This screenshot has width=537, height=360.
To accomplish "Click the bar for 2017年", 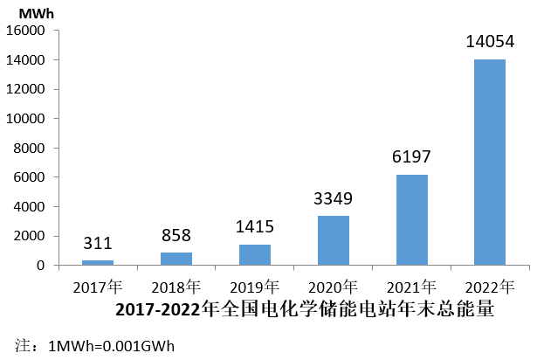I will click(x=97, y=262).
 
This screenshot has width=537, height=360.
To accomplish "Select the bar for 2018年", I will click(x=176, y=259).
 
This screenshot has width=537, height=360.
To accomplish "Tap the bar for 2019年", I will click(x=254, y=254).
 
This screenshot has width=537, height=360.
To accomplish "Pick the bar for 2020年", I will click(x=333, y=240).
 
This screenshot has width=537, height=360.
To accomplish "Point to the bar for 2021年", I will click(x=411, y=219).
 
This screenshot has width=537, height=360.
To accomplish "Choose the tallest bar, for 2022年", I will click(x=490, y=162).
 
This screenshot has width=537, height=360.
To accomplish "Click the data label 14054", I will click(x=490, y=41).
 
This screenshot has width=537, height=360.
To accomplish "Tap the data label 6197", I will click(x=411, y=157).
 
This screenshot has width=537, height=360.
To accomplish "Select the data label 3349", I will click(x=333, y=199).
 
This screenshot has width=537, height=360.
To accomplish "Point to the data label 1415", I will click(x=254, y=227).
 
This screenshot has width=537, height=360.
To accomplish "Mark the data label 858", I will click(x=176, y=236).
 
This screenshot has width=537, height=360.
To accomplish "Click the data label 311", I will click(x=97, y=244).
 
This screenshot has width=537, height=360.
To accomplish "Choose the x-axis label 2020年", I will click(x=333, y=287).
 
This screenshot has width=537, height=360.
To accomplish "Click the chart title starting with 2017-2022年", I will click(x=305, y=308).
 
